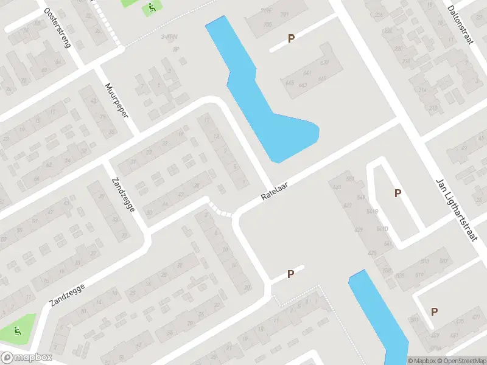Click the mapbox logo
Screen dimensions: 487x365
click(26, 358)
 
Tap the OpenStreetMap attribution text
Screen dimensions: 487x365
click(461, 361)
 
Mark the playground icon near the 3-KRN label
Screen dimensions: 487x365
click(151, 9)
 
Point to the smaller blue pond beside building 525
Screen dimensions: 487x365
click(377, 316)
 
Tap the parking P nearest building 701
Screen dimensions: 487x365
click(292, 38)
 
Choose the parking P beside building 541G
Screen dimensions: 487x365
click(398, 193)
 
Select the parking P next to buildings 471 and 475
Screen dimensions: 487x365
click(435, 311)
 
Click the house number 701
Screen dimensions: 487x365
click(284, 15)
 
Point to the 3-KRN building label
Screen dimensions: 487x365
click(169, 38)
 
